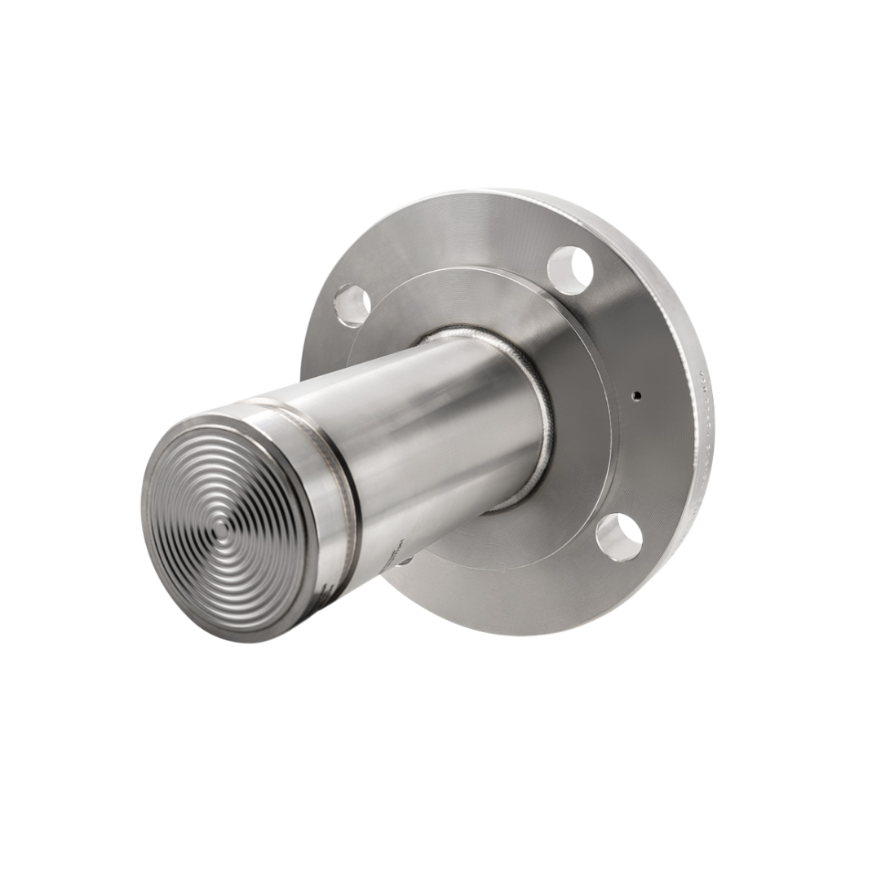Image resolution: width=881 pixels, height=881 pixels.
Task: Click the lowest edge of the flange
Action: (x=522, y=634)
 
